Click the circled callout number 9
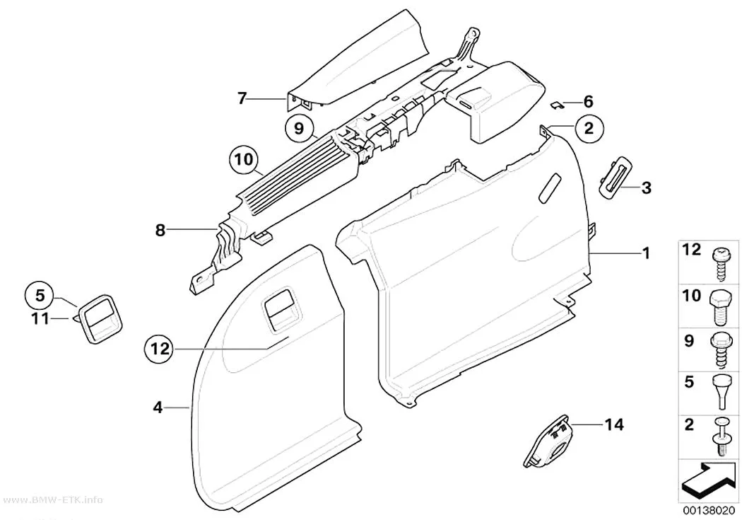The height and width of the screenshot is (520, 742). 299,128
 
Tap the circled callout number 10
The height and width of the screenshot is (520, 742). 245,159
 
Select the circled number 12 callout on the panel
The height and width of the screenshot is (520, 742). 160,349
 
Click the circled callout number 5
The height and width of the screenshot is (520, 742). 40,295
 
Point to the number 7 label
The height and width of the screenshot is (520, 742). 242,98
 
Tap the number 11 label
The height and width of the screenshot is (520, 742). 40,319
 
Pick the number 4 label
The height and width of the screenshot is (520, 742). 158,407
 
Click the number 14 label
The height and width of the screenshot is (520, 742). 614,424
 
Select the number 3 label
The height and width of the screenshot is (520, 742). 646,187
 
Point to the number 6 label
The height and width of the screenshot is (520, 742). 588,101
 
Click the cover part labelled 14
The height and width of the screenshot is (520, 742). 548,441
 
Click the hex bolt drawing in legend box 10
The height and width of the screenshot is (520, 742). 719,307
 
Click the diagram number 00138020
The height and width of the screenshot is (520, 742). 708,511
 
